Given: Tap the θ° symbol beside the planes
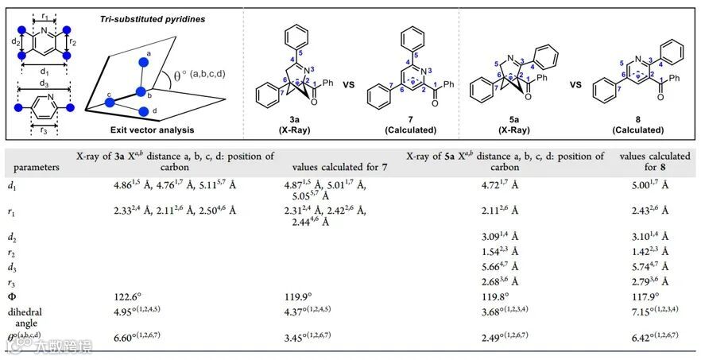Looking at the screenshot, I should [x=179, y=76].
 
